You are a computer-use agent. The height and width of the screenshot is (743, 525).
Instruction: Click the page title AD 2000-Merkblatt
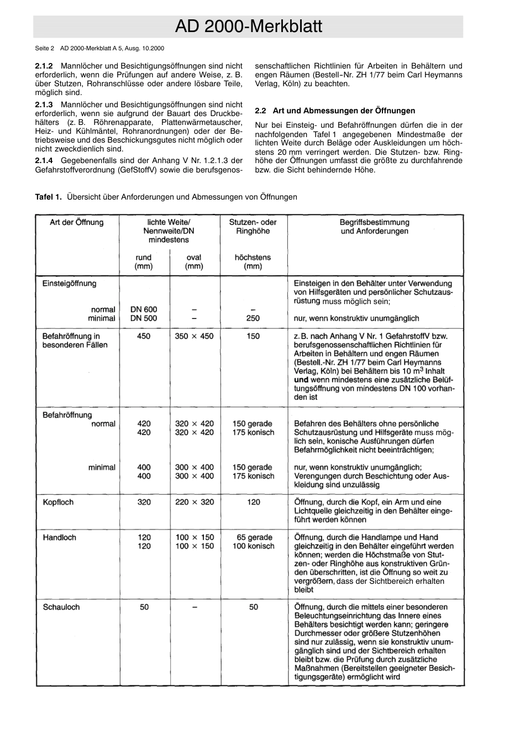248,27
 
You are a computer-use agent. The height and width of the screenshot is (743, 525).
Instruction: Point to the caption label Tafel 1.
48,197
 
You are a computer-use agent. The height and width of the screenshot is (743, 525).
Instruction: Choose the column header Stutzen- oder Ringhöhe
253,227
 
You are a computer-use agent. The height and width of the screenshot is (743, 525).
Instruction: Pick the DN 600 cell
144,310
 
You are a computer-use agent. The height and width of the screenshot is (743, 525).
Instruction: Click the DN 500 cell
144,318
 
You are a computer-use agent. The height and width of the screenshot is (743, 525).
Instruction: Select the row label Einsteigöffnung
69,284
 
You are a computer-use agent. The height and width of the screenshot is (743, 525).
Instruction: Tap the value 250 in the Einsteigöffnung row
253,318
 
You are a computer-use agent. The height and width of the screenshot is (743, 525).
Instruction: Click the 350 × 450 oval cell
194,336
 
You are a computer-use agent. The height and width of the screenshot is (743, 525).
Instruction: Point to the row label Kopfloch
58,503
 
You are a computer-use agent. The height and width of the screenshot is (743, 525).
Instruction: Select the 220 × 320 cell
194,503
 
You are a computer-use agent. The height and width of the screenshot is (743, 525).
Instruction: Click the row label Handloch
59,537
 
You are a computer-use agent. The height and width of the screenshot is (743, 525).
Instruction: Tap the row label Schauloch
61,607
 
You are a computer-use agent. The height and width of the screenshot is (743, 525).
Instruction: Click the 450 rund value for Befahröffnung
144,336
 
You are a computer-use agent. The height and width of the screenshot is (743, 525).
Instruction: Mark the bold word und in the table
301,380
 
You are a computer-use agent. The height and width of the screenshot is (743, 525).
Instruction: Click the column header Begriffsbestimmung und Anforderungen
374,227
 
